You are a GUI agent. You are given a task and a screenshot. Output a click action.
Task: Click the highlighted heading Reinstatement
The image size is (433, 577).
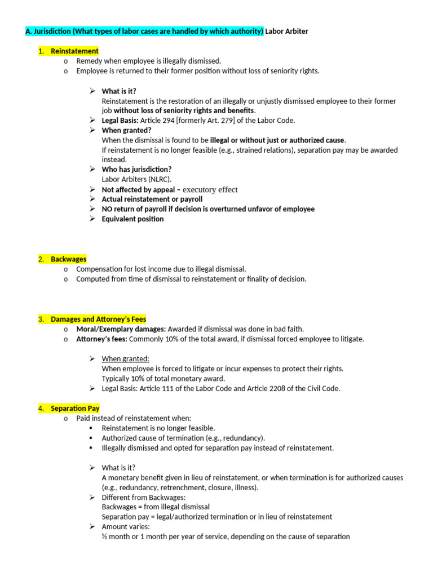(74, 51)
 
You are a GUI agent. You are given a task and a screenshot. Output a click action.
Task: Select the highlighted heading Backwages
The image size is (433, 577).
(68, 259)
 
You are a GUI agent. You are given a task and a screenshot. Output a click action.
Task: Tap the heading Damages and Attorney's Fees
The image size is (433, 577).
(98, 319)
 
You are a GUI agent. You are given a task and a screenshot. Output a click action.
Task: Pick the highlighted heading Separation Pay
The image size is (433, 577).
(75, 408)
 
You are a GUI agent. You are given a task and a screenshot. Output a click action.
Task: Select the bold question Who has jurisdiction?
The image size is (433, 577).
(136, 169)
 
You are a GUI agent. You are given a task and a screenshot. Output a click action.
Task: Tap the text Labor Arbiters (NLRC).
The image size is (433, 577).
(136, 179)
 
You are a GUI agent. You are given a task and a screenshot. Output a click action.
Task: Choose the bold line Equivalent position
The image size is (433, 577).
(132, 219)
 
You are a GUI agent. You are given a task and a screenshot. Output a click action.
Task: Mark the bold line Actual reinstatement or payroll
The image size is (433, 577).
(152, 199)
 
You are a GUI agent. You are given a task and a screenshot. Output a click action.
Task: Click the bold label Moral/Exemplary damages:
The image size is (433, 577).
(121, 329)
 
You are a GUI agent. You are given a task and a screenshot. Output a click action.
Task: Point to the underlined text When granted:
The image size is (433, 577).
(125, 358)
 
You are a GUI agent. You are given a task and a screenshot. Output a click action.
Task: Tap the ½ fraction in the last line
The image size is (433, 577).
(104, 536)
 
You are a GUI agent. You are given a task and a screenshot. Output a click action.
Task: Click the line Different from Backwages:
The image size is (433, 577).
(143, 497)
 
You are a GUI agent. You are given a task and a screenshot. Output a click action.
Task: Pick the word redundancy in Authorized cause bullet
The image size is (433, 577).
(245, 438)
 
